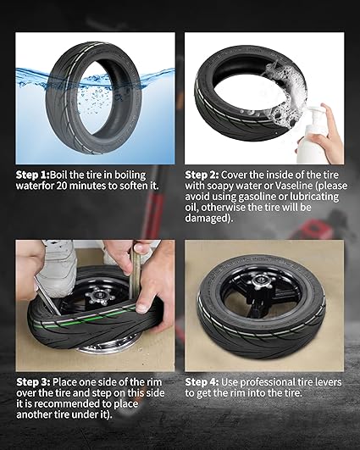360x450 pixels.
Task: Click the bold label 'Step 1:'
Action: tap(33, 175)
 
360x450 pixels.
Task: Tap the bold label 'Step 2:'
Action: tap(202, 175)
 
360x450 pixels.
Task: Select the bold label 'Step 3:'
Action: tap(34, 382)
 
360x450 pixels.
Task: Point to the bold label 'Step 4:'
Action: tap(202, 382)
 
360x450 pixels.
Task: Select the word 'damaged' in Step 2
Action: tap(205, 219)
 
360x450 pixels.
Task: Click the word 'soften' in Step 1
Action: tap(133, 186)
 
